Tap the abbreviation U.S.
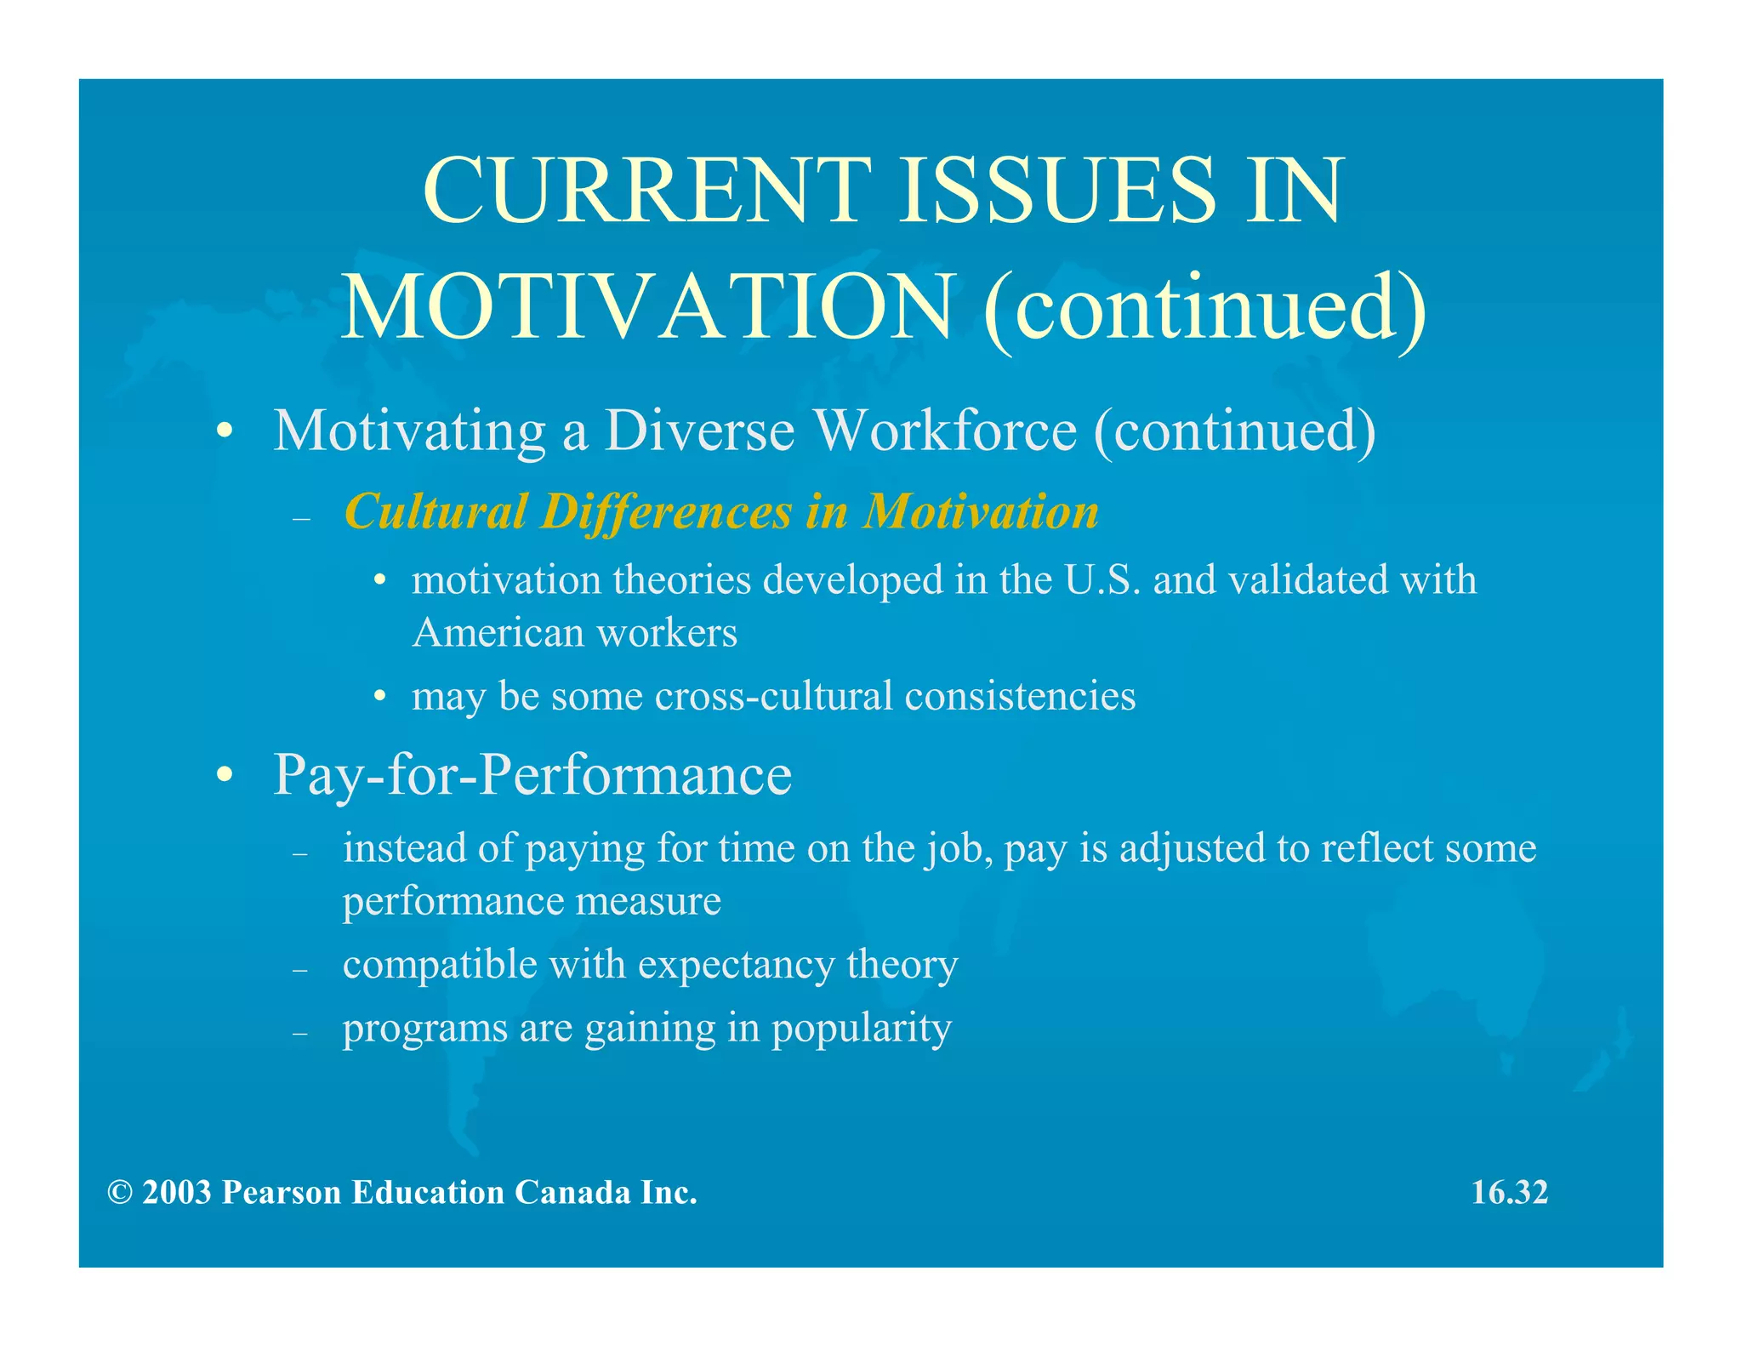point(1102,580)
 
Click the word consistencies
point(1020,696)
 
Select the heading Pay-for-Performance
point(532,775)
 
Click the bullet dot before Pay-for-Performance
point(225,775)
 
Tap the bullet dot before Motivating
point(225,431)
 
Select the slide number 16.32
point(1510,1192)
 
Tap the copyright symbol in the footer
point(119,1193)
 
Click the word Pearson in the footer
point(282,1192)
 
